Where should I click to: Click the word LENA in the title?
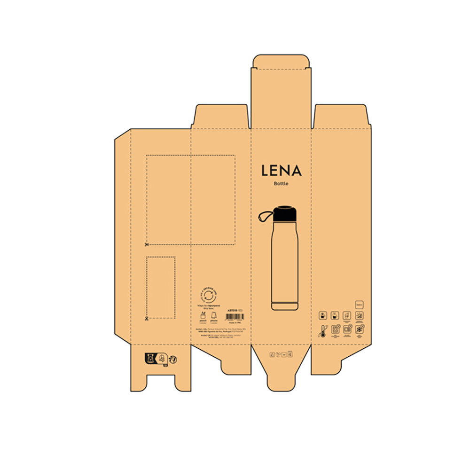point(281,170)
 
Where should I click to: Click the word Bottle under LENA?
point(281,184)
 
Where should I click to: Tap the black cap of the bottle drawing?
point(285,214)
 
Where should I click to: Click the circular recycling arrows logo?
point(208,295)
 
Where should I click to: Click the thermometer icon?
point(323,331)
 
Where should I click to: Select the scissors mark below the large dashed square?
point(147,245)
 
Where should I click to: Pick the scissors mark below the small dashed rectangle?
point(147,319)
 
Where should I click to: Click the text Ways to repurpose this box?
point(208,306)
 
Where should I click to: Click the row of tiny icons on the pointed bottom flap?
point(281,355)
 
